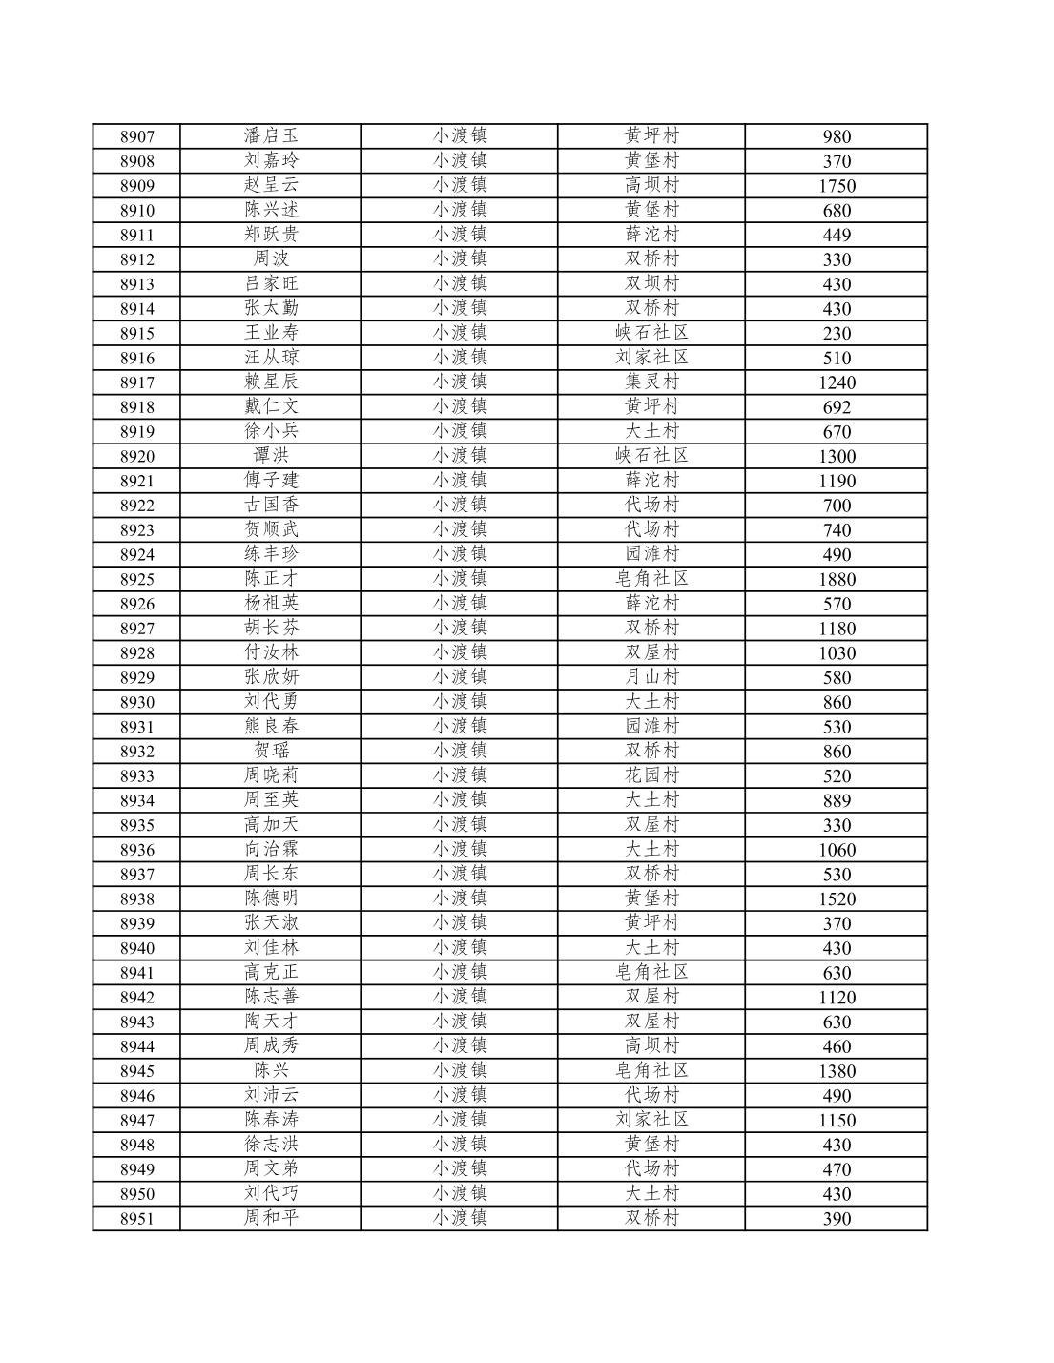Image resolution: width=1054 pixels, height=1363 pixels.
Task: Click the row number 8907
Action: tap(136, 136)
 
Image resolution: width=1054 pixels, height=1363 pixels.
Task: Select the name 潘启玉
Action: tap(271, 135)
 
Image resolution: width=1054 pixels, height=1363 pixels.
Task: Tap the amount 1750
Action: tap(836, 186)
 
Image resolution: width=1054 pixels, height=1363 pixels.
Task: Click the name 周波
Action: tap(271, 258)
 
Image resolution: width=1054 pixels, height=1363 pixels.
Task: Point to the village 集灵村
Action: tap(651, 382)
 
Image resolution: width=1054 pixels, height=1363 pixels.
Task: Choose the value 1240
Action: tap(836, 382)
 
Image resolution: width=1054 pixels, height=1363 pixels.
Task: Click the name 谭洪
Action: tap(271, 455)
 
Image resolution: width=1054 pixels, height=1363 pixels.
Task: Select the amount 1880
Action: tap(836, 579)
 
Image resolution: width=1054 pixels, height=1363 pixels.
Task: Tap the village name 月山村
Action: tap(651, 676)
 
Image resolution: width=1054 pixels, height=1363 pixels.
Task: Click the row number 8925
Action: tap(136, 579)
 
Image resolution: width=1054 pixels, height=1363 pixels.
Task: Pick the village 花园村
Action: tap(651, 774)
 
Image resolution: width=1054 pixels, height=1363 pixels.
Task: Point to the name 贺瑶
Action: tap(271, 751)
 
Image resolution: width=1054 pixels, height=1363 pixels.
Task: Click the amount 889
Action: tap(836, 800)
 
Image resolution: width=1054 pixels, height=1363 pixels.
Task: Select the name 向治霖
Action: tap(271, 849)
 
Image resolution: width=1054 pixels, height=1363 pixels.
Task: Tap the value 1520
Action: tap(836, 898)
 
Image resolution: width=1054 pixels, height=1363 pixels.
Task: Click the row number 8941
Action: tap(136, 973)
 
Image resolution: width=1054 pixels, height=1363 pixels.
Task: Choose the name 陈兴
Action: tap(271, 1070)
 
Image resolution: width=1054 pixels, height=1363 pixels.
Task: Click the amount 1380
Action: tap(836, 1071)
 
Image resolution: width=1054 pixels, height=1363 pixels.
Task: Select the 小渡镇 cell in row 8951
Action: tap(460, 1218)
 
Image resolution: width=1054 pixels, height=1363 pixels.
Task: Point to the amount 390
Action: tap(836, 1219)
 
